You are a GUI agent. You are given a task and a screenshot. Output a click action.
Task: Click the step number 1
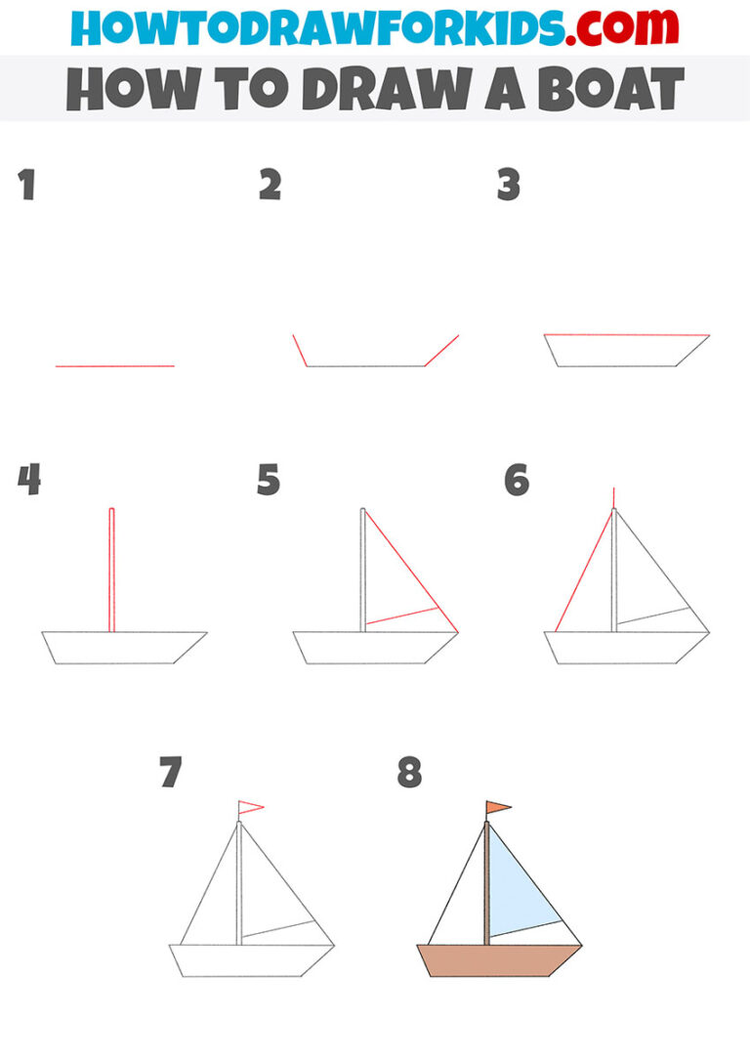(26, 186)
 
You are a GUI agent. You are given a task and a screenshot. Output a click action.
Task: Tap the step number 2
(270, 186)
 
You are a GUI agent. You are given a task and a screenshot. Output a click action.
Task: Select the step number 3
(508, 186)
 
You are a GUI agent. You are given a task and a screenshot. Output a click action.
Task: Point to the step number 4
(29, 480)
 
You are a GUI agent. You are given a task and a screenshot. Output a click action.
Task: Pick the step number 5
(269, 480)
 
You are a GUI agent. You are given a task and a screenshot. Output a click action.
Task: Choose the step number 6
(516, 480)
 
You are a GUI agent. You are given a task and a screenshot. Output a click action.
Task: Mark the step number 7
(171, 773)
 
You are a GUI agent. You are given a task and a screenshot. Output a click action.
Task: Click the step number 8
(409, 773)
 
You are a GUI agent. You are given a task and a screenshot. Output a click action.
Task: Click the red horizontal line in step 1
(114, 366)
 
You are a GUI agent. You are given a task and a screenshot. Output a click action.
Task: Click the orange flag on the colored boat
(498, 807)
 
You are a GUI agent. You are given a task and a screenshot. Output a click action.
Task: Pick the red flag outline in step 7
(250, 807)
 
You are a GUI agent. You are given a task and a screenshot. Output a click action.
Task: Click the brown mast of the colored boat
(486, 884)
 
